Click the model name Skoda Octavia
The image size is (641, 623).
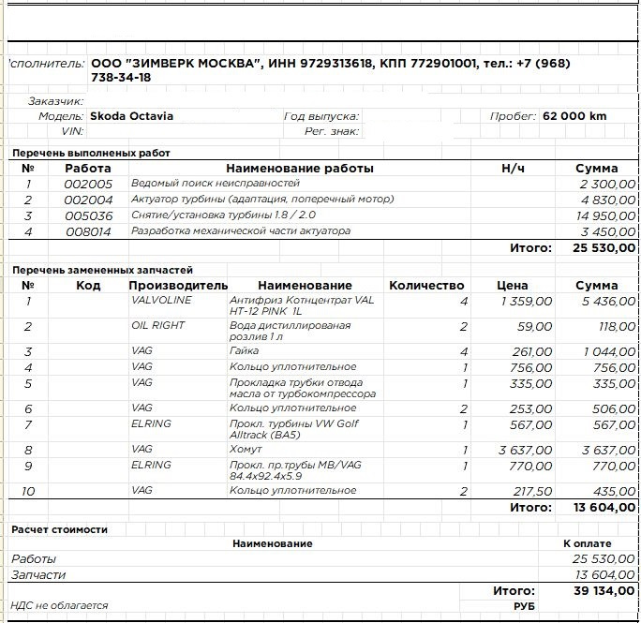(x=131, y=117)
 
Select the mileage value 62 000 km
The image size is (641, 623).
(x=574, y=117)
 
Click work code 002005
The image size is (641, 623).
(x=88, y=185)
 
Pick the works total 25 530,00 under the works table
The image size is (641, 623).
(x=598, y=248)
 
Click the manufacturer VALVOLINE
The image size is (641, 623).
(x=161, y=301)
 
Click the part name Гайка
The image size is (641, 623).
(x=244, y=351)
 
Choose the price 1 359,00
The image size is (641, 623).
(x=527, y=302)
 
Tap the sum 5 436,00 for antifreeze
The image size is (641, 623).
(x=608, y=302)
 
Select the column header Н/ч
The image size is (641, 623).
(x=513, y=169)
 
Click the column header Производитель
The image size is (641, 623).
(x=178, y=285)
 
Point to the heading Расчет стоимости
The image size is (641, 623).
(x=59, y=529)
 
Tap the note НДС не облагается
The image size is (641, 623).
(x=58, y=606)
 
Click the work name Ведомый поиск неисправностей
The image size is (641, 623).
(x=216, y=184)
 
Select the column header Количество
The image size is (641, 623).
(x=426, y=285)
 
